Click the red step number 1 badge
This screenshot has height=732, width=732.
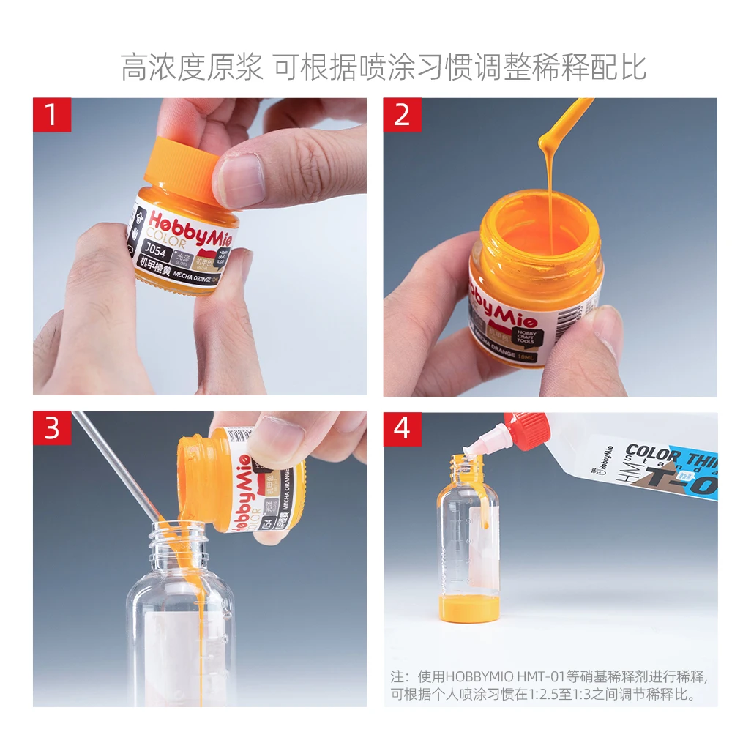pyautogui.click(x=52, y=115)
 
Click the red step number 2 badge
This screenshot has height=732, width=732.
pyautogui.click(x=403, y=115)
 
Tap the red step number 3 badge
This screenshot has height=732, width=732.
pyautogui.click(x=52, y=428)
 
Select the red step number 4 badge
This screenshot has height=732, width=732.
pyautogui.click(x=403, y=428)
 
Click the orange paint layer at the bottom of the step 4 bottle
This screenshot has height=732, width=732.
pyautogui.click(x=468, y=608)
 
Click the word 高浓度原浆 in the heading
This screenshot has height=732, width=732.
pyautogui.click(x=192, y=67)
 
